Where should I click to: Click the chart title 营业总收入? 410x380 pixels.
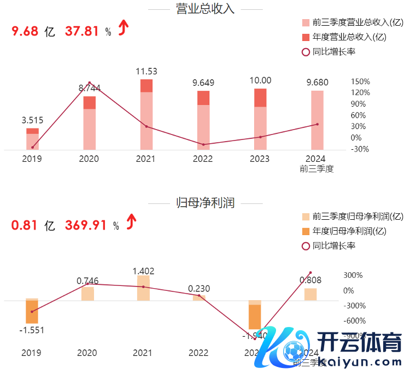(x=205, y=9)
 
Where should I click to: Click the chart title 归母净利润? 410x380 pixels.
(x=205, y=203)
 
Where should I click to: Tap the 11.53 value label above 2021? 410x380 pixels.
(x=147, y=71)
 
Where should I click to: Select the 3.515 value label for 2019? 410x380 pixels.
(x=32, y=120)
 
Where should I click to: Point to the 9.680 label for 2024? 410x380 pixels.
(x=318, y=82)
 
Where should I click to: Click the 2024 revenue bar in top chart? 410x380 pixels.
(x=318, y=120)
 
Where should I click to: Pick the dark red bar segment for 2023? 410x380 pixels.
(x=260, y=97)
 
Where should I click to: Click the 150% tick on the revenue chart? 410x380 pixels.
(x=360, y=81)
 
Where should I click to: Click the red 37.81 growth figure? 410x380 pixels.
(x=82, y=31)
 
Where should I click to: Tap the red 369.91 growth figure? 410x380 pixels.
(x=85, y=225)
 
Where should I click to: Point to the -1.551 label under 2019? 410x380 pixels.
(x=32, y=330)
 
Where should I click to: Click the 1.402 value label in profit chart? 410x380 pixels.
(x=143, y=271)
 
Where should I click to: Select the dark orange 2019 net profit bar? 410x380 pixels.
(x=32, y=312)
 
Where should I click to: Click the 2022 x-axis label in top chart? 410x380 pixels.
(x=203, y=159)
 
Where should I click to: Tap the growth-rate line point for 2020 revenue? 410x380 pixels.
(x=90, y=83)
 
